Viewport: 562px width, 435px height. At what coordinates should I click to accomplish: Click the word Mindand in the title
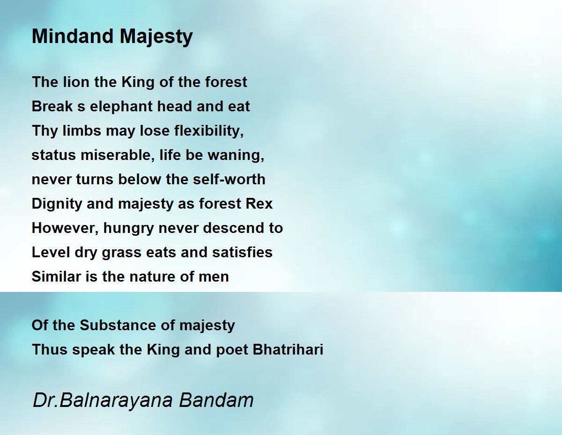73,36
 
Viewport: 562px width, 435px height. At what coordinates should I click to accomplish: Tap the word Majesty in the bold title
156,37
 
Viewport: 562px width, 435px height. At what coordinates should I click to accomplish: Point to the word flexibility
209,130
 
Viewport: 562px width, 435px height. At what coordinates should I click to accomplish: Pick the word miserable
118,155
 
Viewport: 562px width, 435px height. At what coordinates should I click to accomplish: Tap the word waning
236,155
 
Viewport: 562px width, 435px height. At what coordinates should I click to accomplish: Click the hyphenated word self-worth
229,179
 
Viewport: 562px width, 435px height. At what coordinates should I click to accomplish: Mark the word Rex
259,203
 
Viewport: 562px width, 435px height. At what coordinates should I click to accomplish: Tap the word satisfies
242,252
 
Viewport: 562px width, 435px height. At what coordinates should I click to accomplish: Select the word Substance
118,325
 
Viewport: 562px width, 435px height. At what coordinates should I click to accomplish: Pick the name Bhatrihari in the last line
288,349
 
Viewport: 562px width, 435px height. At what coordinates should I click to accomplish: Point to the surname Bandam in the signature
216,400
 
